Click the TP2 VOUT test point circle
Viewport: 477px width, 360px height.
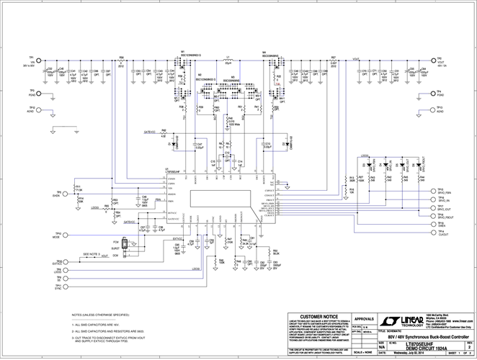click(435, 62)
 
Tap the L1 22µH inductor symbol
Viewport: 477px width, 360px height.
click(228, 60)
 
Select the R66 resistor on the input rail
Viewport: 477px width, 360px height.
click(121, 61)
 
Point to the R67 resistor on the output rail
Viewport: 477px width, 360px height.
click(333, 61)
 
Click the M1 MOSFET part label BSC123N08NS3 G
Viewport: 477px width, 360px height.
click(190, 55)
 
